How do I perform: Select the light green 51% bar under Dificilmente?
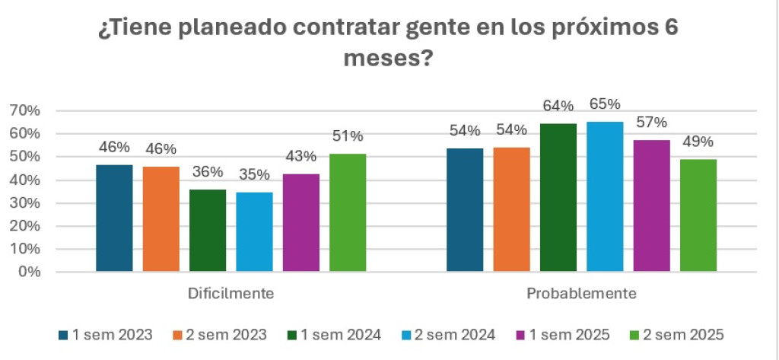(348, 212)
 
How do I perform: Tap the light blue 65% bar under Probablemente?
(605, 196)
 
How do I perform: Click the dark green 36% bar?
(208, 230)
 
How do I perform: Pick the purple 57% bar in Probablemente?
(651, 205)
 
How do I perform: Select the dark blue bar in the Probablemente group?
(465, 209)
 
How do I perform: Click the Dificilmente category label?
(231, 293)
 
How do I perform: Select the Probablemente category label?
(581, 293)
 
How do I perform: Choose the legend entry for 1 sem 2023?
(106, 335)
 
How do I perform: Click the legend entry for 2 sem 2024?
(449, 335)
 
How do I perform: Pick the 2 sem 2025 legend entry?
(676, 335)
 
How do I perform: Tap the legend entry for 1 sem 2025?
(563, 335)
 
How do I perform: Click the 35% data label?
(254, 174)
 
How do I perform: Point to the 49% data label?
(698, 142)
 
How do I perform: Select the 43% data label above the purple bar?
(300, 156)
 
